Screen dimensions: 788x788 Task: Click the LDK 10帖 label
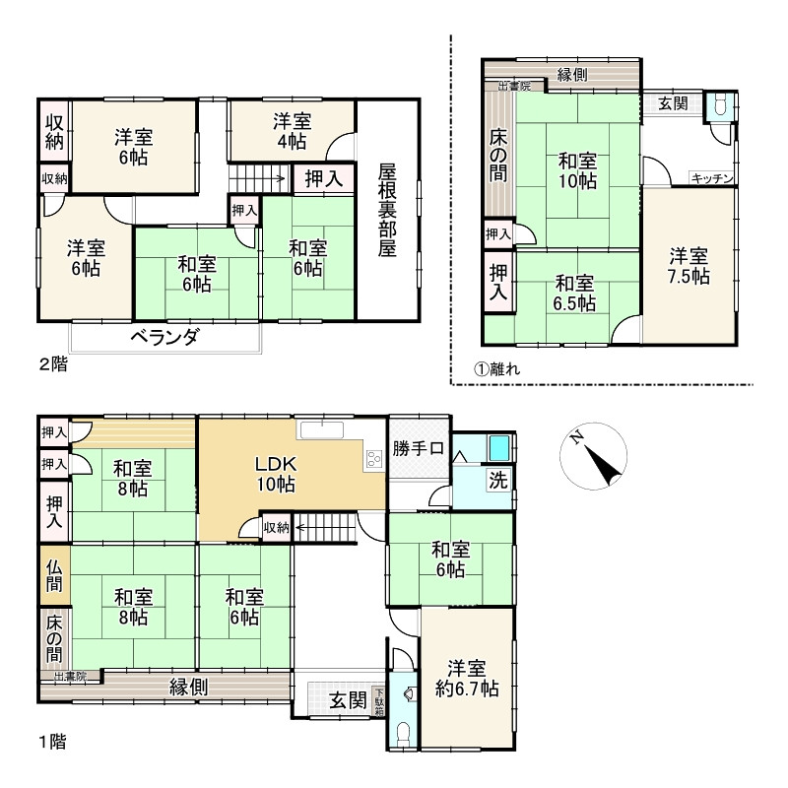click(276, 474)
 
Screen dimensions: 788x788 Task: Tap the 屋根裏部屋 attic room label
click(387, 210)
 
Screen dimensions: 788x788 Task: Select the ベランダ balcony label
click(165, 337)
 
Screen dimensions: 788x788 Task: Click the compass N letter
click(576, 437)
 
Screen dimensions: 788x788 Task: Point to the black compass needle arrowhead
click(602, 465)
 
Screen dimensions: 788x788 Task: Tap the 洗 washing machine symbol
click(498, 480)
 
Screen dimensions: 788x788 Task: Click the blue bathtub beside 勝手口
click(499, 447)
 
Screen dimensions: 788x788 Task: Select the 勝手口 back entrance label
click(418, 448)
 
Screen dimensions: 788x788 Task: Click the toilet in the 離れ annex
click(720, 106)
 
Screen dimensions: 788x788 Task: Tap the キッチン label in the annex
click(712, 178)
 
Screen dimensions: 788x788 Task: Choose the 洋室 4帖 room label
click(292, 131)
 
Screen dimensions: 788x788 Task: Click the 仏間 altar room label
click(54, 576)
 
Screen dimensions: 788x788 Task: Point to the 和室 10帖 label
click(577, 170)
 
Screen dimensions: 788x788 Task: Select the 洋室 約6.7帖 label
click(467, 679)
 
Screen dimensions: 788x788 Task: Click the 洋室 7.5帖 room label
click(688, 266)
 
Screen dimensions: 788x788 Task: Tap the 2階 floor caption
click(53, 364)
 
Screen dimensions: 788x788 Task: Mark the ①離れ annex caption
click(497, 369)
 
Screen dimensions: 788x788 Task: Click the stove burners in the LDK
click(374, 459)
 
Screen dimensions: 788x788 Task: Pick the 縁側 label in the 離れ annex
click(572, 75)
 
